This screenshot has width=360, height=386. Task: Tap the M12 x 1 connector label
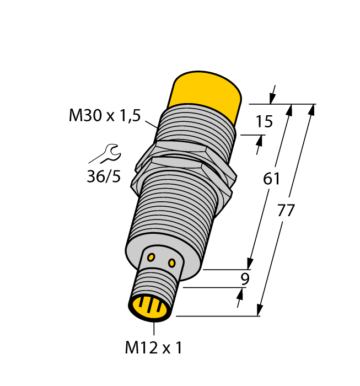(153, 348)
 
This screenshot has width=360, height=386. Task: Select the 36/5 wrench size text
(103, 177)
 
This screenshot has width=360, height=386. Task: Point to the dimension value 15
(264, 121)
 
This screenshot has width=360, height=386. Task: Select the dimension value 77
(286, 211)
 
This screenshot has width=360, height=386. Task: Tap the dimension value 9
(245, 279)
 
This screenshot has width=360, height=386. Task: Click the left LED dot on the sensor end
(152, 256)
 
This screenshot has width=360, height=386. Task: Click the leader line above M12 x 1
(154, 329)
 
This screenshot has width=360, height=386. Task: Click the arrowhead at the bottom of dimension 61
(250, 264)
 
